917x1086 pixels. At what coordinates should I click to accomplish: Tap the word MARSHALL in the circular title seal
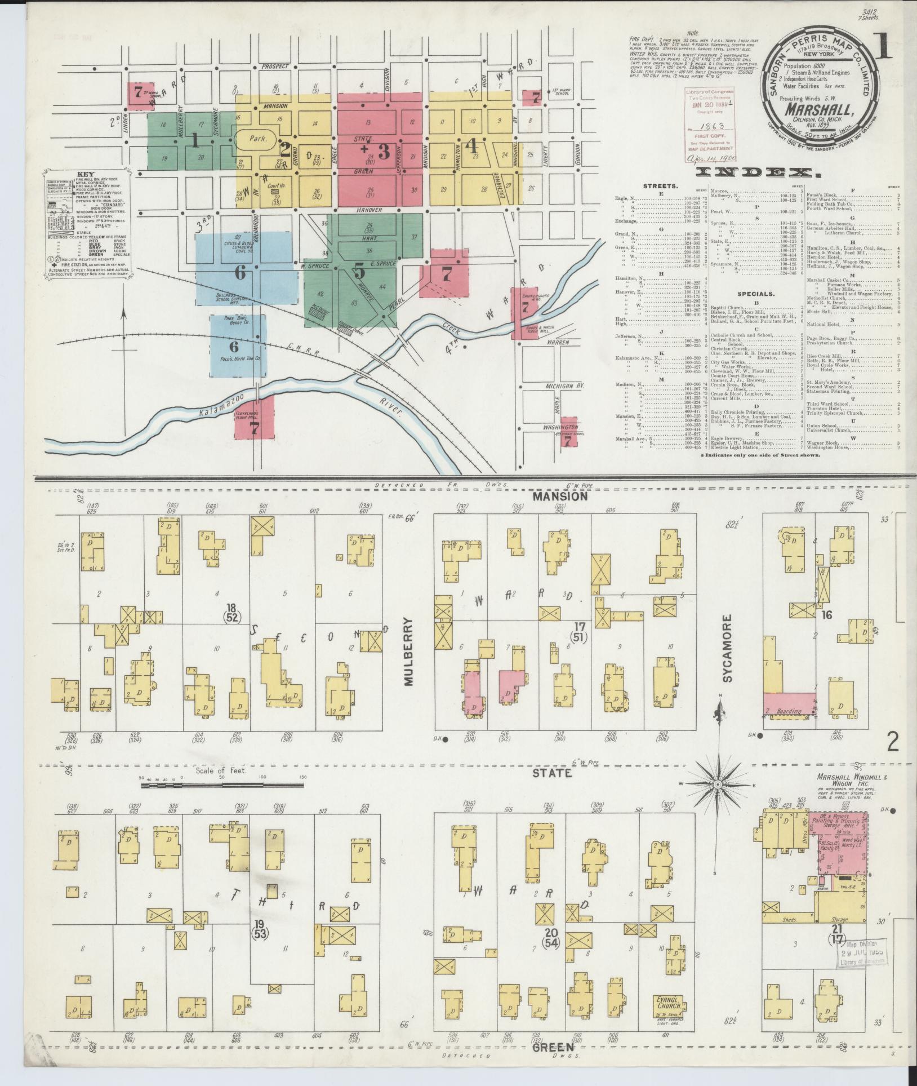[818, 108]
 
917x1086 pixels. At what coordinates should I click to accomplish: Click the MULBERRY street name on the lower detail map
[408, 651]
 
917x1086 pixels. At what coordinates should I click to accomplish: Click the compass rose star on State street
[719, 784]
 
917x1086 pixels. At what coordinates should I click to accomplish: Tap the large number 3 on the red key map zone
[384, 152]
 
